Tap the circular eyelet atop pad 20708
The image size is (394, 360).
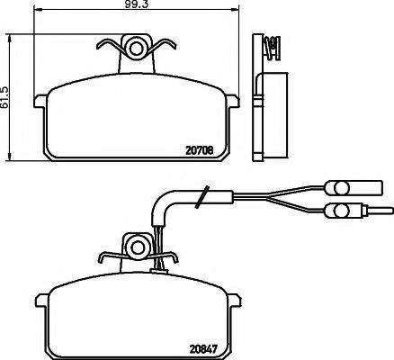pos(137,46)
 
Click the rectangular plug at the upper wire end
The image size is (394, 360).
pos(369,187)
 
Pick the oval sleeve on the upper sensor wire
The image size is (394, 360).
pos(341,187)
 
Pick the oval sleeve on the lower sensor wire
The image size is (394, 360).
pos(339,211)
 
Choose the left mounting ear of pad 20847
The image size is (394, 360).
pos(41,299)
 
